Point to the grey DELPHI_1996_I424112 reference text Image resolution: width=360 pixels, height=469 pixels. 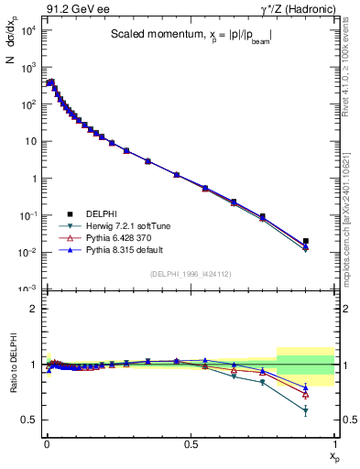[190, 274]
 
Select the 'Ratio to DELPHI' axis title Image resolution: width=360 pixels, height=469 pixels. [10, 364]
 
